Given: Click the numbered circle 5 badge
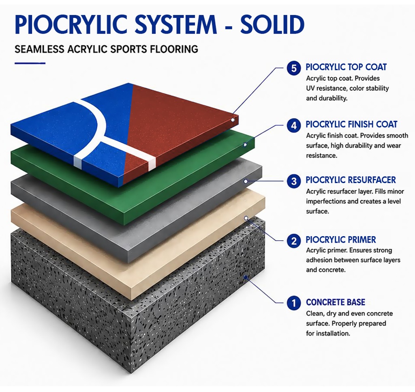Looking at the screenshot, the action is tap(294, 69).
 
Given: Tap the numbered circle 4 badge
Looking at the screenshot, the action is tap(294, 125).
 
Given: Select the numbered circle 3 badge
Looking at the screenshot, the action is tap(294, 181).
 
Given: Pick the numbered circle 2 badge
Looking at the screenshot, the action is tap(294, 241).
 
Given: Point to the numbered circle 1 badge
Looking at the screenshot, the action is tap(294, 303).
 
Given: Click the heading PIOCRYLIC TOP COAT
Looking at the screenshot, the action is tap(346, 67).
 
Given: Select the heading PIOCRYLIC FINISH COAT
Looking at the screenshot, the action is tap(351, 124).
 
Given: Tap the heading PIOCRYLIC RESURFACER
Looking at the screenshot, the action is tap(351, 180).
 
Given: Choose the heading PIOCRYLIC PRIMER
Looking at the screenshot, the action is tap(340, 239).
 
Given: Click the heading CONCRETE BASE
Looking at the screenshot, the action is tap(335, 302).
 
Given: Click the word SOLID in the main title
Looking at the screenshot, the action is tap(272, 24).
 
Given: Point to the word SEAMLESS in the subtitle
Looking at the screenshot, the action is tap(39, 49).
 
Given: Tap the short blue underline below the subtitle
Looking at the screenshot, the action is tap(30, 63).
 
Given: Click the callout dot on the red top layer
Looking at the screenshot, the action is tap(233, 120).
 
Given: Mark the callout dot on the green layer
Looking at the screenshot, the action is tap(245, 145).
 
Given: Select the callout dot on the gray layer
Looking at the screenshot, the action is tap(246, 181).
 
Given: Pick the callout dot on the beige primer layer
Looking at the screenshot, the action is tap(246, 218).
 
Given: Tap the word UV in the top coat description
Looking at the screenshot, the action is tap(310, 88).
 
